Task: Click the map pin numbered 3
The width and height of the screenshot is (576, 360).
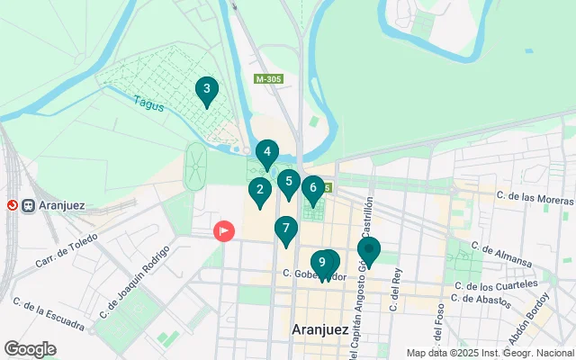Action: [207, 89]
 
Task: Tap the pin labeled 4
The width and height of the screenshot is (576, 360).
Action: [267, 153]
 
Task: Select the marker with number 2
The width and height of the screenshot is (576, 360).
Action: [260, 190]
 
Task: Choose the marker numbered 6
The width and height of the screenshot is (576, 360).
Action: [313, 188]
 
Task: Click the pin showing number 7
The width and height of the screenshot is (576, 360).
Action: [286, 229]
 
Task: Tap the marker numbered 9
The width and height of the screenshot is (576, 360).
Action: [321, 263]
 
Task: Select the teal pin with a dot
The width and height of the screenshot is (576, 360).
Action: [369, 250]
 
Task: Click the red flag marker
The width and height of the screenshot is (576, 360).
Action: [223, 231]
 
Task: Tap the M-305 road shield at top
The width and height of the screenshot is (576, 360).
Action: [267, 80]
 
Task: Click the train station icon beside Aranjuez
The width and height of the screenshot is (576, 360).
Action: [29, 204]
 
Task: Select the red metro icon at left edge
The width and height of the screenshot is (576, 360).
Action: [12, 204]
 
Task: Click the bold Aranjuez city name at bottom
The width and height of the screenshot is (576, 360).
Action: [319, 330]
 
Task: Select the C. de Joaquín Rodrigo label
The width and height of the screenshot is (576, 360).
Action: [136, 282]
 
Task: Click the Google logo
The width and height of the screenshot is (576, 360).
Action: [30, 348]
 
